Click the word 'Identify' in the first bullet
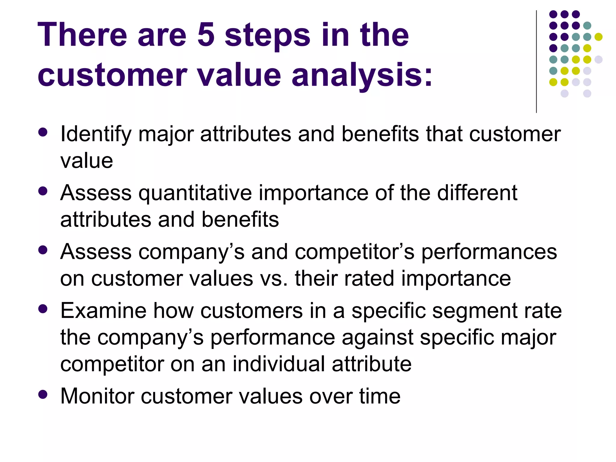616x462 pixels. [96, 134]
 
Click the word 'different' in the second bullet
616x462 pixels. [477, 192]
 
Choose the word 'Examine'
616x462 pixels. [103, 310]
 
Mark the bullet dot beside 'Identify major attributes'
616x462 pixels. [43, 132]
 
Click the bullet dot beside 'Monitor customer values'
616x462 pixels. [43, 394]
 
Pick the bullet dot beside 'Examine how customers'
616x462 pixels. [43, 309]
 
